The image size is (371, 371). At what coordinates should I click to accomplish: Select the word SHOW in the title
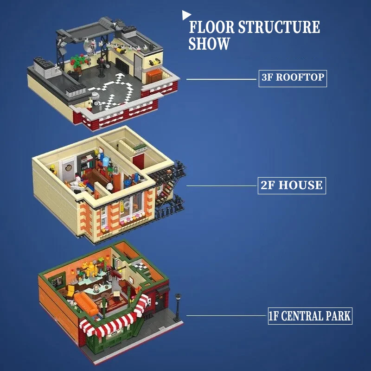coord(209,44)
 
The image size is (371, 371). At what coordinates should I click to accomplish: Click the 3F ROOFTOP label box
coord(292,77)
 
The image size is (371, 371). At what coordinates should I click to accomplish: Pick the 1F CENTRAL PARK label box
coord(310,317)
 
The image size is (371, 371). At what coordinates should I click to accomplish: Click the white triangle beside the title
coord(186,15)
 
